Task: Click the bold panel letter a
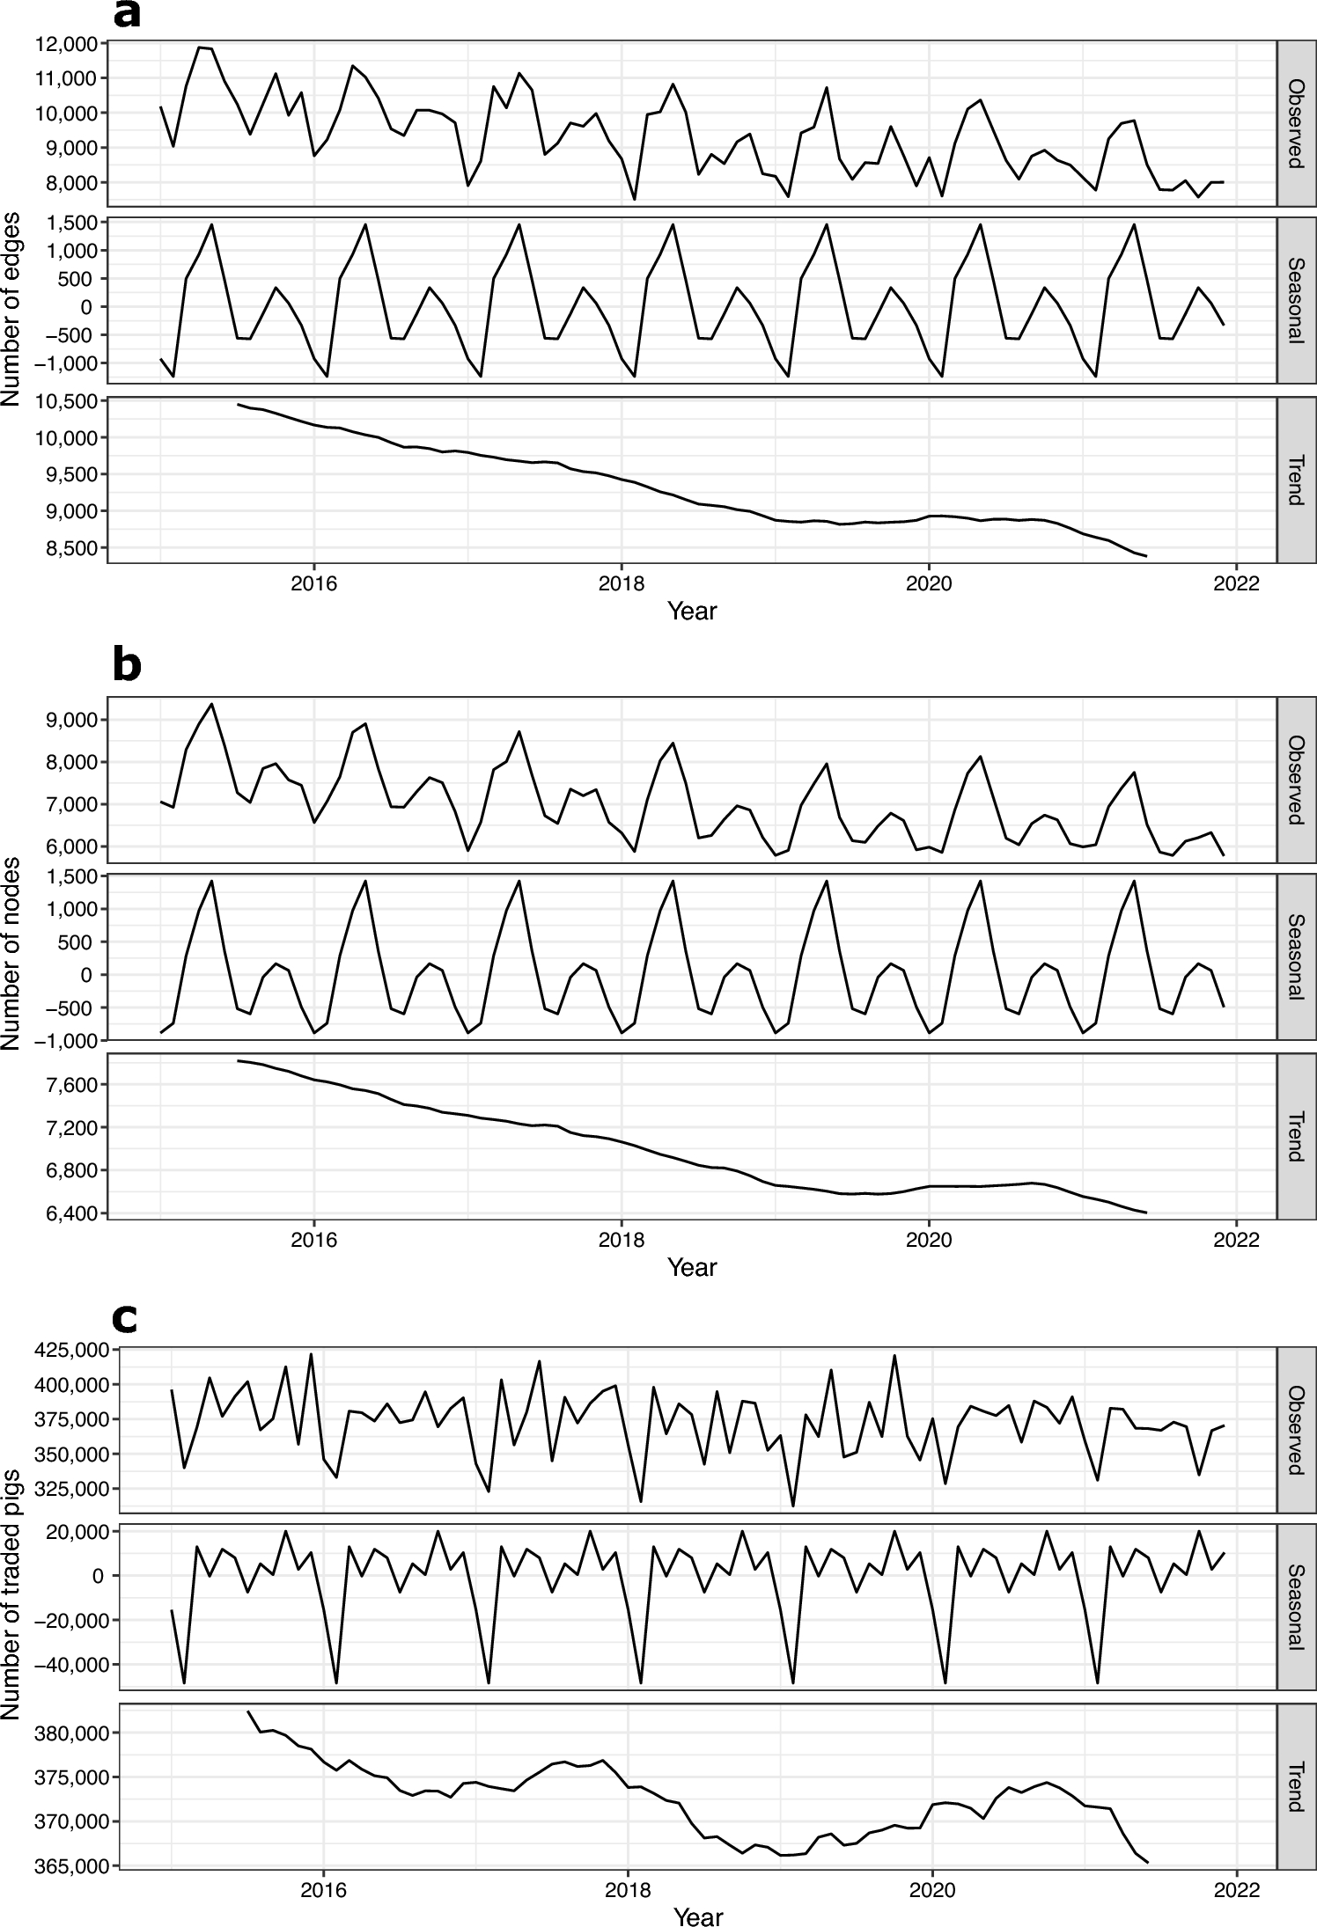(x=127, y=16)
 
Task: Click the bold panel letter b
(x=128, y=666)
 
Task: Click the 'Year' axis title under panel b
(x=692, y=1267)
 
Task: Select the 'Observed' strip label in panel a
(x=1295, y=123)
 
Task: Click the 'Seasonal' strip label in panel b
(x=1295, y=956)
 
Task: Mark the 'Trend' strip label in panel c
(x=1295, y=1786)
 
